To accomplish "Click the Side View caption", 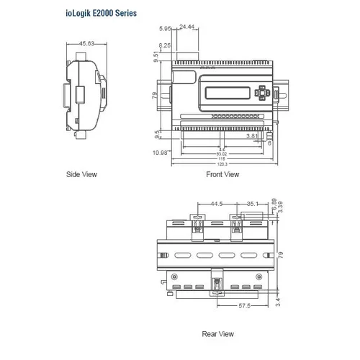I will pos(81,174).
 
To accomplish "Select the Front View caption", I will pos(223,174).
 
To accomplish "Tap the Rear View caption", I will pos(217,333).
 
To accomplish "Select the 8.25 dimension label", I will pos(166,45).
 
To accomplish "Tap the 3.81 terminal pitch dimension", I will pos(252,135).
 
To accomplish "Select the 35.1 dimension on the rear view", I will pos(251,204).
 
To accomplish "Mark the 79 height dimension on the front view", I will pos(154,95).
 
